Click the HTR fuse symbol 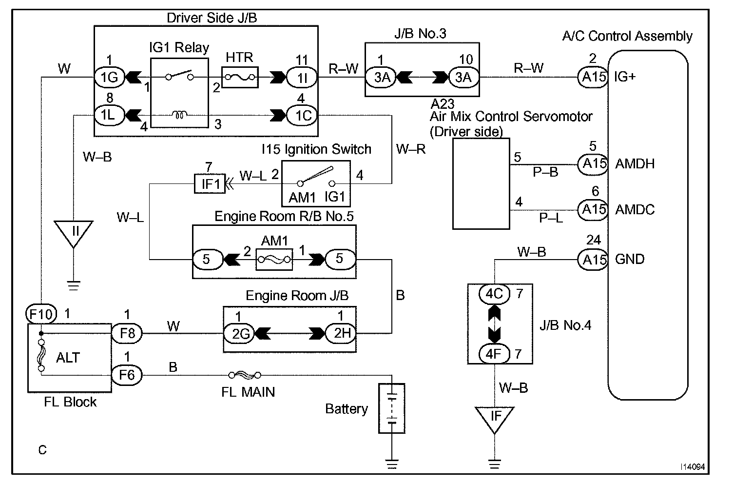(240, 78)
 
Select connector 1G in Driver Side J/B (109, 78)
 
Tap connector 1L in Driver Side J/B (109, 115)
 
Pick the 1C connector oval (302, 115)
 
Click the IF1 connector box (210, 183)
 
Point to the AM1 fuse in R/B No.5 (274, 260)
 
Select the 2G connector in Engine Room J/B (239, 334)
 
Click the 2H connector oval (341, 333)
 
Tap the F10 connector (41, 314)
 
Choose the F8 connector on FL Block (127, 334)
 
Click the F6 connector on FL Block (127, 375)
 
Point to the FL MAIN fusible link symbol (245, 375)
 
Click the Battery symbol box (392, 408)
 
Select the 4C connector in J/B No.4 (494, 294)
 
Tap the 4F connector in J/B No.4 (494, 354)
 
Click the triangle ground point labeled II (74, 232)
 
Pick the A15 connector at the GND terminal (593, 260)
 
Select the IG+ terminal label (624, 77)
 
